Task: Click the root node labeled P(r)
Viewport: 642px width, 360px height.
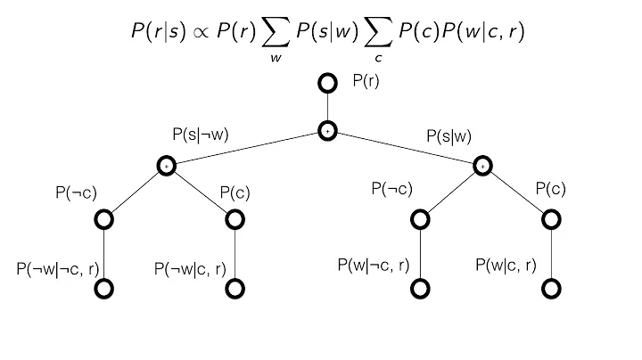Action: (x=327, y=84)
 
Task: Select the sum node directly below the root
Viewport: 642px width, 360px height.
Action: (x=327, y=131)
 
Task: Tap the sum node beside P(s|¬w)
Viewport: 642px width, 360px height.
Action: (x=166, y=165)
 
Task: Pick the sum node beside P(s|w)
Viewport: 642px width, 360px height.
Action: (x=482, y=165)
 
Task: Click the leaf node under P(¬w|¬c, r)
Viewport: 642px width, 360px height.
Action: (x=105, y=289)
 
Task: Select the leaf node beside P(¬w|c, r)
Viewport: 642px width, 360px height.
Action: (x=235, y=289)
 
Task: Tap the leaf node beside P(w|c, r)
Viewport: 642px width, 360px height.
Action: (x=552, y=289)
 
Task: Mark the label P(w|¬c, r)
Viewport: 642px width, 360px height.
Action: (x=374, y=265)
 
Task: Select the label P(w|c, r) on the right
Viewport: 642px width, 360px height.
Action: (x=506, y=265)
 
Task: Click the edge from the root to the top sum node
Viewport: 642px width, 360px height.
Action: (x=327, y=108)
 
